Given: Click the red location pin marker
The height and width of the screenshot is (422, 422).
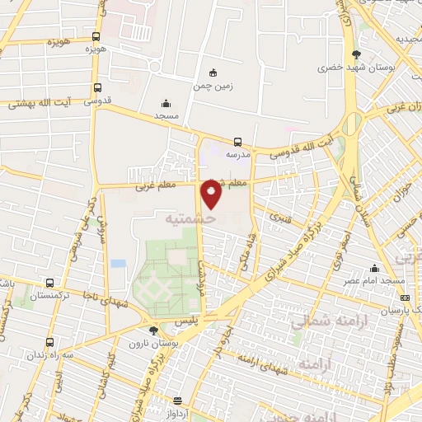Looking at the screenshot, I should click(212, 195).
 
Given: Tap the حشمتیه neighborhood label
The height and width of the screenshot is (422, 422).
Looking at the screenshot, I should click(190, 220).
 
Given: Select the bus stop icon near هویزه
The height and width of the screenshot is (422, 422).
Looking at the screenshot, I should click(96, 36).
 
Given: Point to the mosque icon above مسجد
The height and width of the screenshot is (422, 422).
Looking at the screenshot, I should click(166, 104).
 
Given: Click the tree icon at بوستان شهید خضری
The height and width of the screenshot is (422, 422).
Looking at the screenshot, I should click(357, 53).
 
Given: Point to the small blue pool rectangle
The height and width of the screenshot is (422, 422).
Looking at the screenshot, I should click(118, 264).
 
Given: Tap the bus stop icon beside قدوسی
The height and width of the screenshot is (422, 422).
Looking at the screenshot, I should click(97, 88).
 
